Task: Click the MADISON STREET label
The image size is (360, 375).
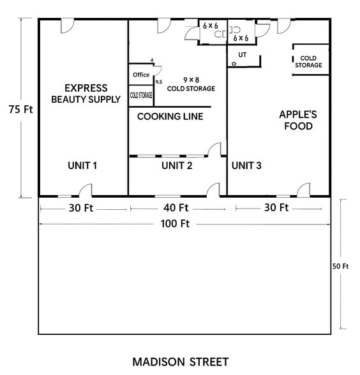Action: coord(180,362)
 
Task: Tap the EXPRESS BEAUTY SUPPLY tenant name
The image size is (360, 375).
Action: coord(86,93)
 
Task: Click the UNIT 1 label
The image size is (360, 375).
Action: coord(82,166)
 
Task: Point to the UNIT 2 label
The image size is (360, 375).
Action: coord(177,166)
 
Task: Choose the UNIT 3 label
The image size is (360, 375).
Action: coord(246,166)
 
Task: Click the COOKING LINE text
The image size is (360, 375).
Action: coord(170,116)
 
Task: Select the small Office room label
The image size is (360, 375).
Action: coord(141,75)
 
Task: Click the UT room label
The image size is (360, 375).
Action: coord(242,55)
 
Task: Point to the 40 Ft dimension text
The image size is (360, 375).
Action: coord(175,208)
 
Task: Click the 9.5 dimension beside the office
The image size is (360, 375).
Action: coord(158,82)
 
